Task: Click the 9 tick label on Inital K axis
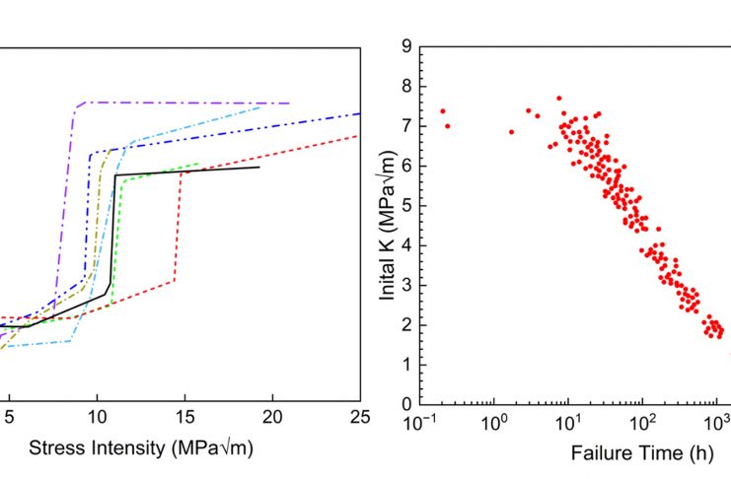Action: tap(405, 45)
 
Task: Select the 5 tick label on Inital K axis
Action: tap(405, 205)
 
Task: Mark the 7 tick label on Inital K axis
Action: tap(405, 125)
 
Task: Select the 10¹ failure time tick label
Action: tap(568, 423)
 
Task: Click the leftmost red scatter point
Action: tap(443, 111)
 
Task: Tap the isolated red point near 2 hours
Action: tap(511, 132)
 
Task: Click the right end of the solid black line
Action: tap(259, 168)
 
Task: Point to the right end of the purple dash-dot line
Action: tap(289, 103)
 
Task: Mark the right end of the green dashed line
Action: tap(199, 164)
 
